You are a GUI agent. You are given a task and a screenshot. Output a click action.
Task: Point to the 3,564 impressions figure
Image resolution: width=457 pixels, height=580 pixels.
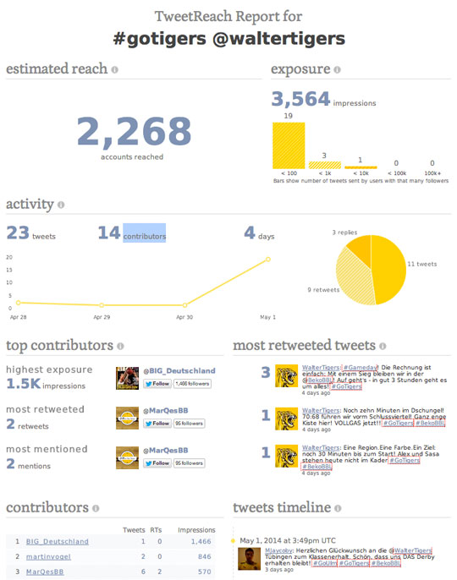300,100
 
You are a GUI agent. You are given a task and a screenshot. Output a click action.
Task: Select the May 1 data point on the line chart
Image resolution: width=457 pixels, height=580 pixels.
268,260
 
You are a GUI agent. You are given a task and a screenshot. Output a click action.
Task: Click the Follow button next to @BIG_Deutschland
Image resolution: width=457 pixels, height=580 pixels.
157,384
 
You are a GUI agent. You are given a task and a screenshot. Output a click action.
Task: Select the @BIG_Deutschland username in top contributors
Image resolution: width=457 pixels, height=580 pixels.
179,370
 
